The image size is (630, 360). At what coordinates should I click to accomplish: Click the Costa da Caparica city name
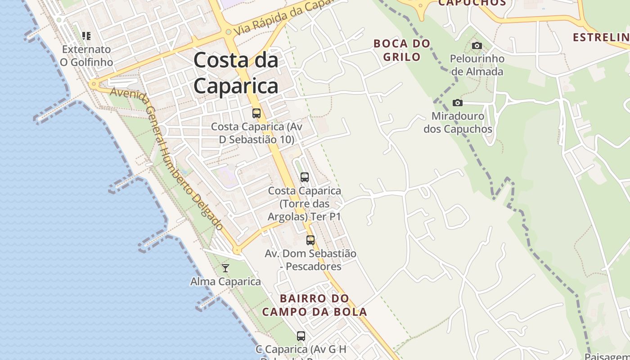(x=236, y=73)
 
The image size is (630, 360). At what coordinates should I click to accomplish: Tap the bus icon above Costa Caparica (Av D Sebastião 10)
(x=256, y=113)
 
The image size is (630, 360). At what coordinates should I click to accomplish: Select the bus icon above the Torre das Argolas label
(x=305, y=177)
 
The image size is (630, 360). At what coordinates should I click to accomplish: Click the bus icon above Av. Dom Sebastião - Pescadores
(x=310, y=240)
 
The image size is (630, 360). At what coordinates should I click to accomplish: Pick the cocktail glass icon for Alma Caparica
(x=225, y=268)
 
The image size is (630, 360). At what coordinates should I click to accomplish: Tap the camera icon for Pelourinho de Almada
(x=477, y=45)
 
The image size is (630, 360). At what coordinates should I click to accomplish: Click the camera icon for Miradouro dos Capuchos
(x=458, y=103)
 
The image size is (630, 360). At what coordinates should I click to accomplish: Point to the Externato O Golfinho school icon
(x=86, y=36)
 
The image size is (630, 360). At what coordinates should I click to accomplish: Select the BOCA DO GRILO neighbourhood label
(x=402, y=50)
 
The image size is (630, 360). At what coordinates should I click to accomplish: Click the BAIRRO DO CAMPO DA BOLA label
(x=315, y=305)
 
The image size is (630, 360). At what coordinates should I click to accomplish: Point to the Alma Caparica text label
(x=225, y=282)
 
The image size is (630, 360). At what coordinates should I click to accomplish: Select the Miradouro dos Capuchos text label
(x=458, y=122)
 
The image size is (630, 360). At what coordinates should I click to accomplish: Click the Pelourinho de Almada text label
(x=477, y=65)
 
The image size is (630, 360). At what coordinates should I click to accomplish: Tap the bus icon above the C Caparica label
(x=301, y=336)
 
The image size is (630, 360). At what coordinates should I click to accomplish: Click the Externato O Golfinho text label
(x=86, y=55)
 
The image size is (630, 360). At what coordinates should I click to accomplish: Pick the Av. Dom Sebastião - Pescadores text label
(x=310, y=260)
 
